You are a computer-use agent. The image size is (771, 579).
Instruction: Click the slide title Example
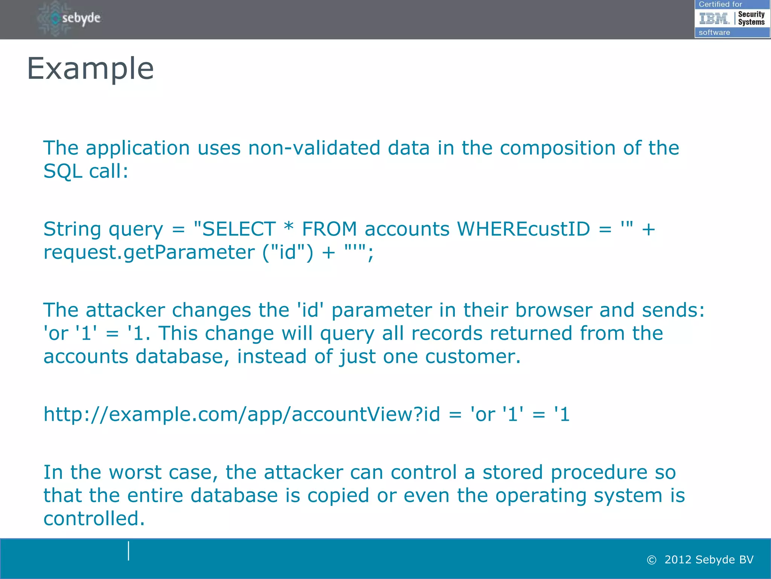click(90, 69)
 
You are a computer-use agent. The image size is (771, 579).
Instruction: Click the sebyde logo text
click(81, 18)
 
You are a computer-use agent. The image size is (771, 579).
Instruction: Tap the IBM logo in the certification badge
click(714, 18)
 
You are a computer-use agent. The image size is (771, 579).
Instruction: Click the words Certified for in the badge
click(720, 5)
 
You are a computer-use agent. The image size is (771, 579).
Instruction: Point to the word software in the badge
click(714, 32)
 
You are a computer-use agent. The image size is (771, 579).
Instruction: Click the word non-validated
click(314, 148)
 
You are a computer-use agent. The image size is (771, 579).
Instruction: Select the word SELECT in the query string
click(239, 229)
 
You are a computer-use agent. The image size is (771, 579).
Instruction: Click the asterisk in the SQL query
click(288, 227)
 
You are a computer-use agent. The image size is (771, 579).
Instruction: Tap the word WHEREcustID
click(523, 229)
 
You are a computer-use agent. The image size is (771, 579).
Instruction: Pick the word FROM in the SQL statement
click(329, 229)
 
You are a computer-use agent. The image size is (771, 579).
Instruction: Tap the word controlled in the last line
click(94, 519)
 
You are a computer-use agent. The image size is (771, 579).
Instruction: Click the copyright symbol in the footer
click(651, 560)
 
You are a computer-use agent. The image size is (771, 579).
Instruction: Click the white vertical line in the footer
click(129, 551)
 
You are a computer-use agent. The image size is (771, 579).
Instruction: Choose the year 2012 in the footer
click(678, 560)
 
